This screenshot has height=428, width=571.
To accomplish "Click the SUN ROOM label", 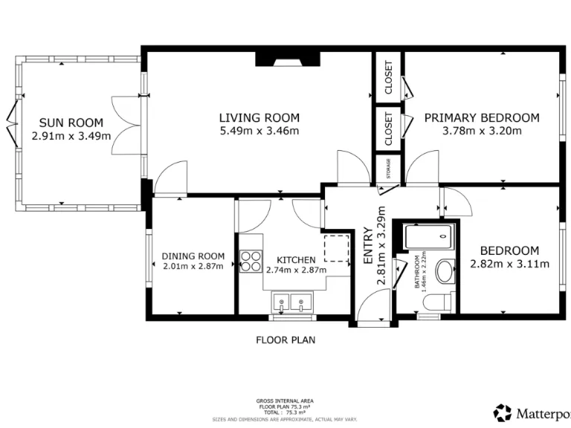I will (x=71, y=123).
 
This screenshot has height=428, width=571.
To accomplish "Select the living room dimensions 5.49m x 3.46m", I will (x=259, y=132).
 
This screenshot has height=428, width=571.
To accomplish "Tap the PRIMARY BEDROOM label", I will (x=481, y=117).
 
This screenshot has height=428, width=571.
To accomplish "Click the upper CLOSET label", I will (x=387, y=78).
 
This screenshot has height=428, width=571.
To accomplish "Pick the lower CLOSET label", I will (x=387, y=129).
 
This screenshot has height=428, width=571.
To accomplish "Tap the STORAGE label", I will (x=387, y=170).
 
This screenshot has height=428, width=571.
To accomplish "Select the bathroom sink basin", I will (x=445, y=271).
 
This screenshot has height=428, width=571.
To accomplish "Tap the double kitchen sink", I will (x=293, y=302).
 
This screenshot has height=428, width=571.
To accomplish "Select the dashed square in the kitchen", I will (x=338, y=247).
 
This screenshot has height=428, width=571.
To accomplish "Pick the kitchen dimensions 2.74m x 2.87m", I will (x=296, y=270).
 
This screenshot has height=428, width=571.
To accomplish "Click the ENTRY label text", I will (x=368, y=245).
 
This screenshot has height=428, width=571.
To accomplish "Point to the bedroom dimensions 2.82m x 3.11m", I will (x=509, y=264).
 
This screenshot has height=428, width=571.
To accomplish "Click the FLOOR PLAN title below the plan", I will (x=285, y=341).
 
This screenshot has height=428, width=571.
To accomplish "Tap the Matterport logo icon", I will (x=503, y=412).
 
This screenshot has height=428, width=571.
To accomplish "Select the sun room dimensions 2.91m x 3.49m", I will (x=71, y=136).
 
